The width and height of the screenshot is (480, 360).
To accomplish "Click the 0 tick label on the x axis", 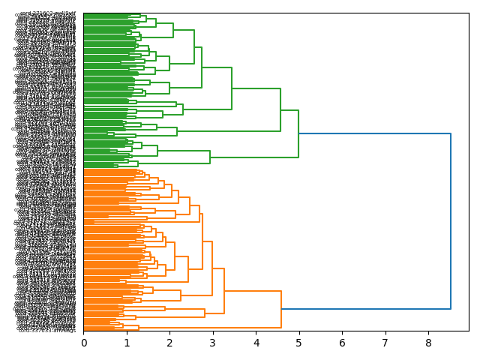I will [83, 343].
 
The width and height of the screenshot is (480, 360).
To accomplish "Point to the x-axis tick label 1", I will [127, 343].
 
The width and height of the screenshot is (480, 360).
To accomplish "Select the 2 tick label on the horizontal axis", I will [169, 343].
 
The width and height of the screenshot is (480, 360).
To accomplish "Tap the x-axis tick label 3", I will [213, 343].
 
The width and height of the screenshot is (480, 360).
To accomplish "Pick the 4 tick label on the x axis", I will [256, 343].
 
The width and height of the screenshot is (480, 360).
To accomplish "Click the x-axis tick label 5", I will [299, 343].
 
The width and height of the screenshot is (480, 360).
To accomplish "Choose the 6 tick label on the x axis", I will [342, 343].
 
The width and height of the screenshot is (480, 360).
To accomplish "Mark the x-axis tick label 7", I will [385, 343].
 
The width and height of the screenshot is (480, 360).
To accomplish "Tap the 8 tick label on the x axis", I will [428, 343].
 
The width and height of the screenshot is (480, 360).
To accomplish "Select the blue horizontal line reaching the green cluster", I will [375, 133].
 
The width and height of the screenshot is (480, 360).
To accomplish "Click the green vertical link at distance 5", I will [298, 133].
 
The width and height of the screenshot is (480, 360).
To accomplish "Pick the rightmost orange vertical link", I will [281, 309].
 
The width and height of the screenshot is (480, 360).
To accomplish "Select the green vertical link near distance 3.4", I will [232, 88].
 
